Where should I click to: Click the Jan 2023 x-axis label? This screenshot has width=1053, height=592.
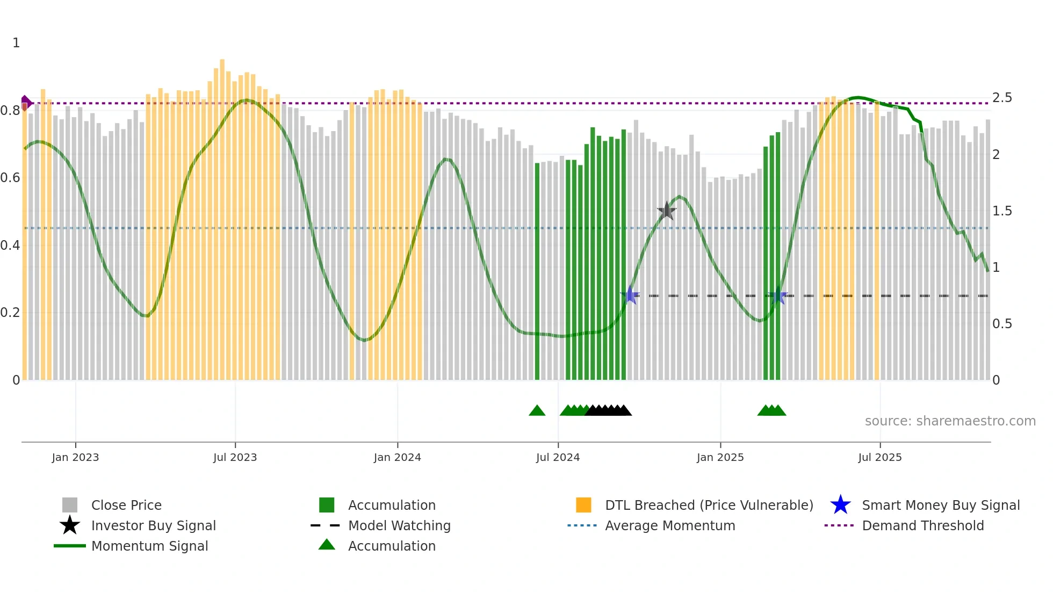coord(75,457)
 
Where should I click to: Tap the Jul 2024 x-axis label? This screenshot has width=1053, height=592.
coord(558,457)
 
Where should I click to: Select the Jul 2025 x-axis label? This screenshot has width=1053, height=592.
coord(879,457)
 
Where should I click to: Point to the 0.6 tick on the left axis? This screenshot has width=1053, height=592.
coord(10,178)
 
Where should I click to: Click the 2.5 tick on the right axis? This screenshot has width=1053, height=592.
coord(1001,98)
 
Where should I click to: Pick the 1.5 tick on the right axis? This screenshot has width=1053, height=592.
coord(1001,211)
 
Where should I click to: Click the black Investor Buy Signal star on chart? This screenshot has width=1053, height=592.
coord(666,211)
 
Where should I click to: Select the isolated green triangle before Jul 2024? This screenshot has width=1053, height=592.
coord(537,411)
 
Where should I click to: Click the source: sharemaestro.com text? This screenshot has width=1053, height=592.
coord(950,421)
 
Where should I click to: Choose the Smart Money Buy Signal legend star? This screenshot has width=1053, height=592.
coord(840,505)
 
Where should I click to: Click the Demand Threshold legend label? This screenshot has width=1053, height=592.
coord(922,525)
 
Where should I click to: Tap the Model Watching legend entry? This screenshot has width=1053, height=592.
coord(399,525)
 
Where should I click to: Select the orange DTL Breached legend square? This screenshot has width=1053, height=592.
coord(583,505)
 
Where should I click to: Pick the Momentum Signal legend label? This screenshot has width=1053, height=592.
coord(149,546)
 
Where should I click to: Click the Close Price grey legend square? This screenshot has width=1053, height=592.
coord(70,505)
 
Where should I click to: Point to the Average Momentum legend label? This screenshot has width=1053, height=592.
coord(669,525)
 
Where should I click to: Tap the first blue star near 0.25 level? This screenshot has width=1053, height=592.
coord(630,295)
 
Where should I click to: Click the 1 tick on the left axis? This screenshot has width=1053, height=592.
coord(16,43)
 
